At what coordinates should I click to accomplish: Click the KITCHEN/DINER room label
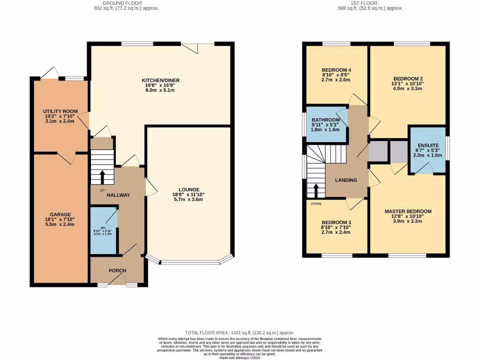point(161,80)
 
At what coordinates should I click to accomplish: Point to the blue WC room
point(103,231)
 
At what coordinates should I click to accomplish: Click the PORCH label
point(118,270)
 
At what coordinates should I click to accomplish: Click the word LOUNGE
point(188,189)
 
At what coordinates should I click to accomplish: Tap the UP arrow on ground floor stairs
point(102,177)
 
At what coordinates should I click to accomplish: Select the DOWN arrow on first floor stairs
point(316,190)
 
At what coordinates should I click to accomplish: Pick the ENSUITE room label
point(428,145)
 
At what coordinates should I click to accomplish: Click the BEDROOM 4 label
point(337,70)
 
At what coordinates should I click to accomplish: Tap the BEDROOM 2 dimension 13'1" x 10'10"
point(408,83)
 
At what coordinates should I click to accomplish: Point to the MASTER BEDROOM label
point(408,211)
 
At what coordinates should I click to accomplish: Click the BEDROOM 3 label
point(337,222)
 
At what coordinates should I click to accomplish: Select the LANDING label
point(346,180)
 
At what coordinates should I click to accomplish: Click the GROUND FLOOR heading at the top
point(126,3)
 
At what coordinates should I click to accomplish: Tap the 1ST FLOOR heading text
point(370,3)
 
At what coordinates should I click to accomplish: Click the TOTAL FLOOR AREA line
point(240,332)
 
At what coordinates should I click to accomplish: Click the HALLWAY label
point(118,195)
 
